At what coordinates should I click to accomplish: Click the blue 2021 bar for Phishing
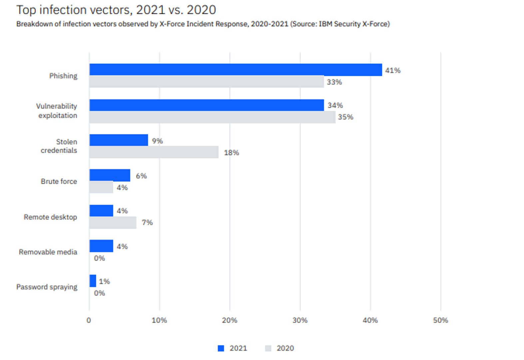pos(236,70)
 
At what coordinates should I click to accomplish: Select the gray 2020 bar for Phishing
pos(207,82)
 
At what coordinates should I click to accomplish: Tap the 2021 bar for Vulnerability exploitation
pos(207,105)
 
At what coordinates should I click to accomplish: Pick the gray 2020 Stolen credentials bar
pos(154,152)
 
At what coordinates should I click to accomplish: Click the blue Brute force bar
pos(110,175)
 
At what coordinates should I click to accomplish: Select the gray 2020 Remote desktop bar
pos(113,222)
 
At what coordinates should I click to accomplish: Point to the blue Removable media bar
pos(101,246)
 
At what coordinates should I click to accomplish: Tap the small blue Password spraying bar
pos(93,281)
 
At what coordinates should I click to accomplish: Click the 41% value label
pos(393,70)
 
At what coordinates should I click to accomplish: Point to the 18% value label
pos(231,153)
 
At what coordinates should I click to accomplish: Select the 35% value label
pos(345,117)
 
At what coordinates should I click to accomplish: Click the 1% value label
pos(104,281)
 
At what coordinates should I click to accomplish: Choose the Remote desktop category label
pos(50,217)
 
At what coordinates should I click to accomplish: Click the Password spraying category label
pos(47,287)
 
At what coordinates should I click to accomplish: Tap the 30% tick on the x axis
pos(300,320)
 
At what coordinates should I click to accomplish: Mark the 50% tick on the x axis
pos(440,320)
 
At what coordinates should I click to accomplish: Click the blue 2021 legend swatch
pos(221,348)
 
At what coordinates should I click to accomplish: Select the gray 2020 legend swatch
pos(268,348)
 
